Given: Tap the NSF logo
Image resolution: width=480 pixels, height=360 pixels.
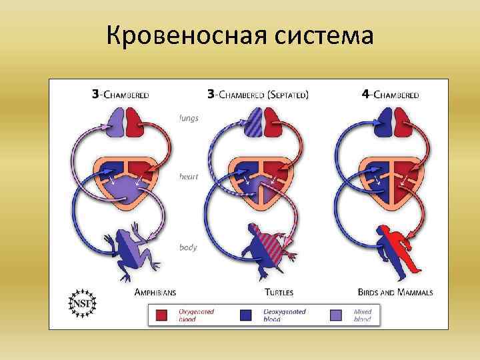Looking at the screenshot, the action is (x=82, y=304).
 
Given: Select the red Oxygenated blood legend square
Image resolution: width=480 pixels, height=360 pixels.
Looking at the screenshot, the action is (x=161, y=315).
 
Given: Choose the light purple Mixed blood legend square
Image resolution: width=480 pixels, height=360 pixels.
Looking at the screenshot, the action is (x=338, y=315).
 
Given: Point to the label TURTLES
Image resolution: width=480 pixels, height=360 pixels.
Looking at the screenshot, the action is (x=279, y=292).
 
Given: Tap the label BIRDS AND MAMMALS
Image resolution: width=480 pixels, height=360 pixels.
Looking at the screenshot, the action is (x=395, y=292).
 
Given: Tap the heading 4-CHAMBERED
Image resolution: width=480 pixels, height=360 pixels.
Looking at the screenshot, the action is (x=390, y=95).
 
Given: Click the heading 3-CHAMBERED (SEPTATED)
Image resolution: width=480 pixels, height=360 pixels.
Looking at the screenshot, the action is (x=258, y=95).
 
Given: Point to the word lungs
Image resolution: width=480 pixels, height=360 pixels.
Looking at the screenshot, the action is (x=189, y=118).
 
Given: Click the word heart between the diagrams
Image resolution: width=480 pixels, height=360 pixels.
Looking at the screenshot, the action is (x=188, y=177).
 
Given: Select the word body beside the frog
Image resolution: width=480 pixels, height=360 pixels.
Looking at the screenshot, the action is (x=188, y=247).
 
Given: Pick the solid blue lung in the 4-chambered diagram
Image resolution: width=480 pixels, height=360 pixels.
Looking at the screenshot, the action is (x=383, y=123).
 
